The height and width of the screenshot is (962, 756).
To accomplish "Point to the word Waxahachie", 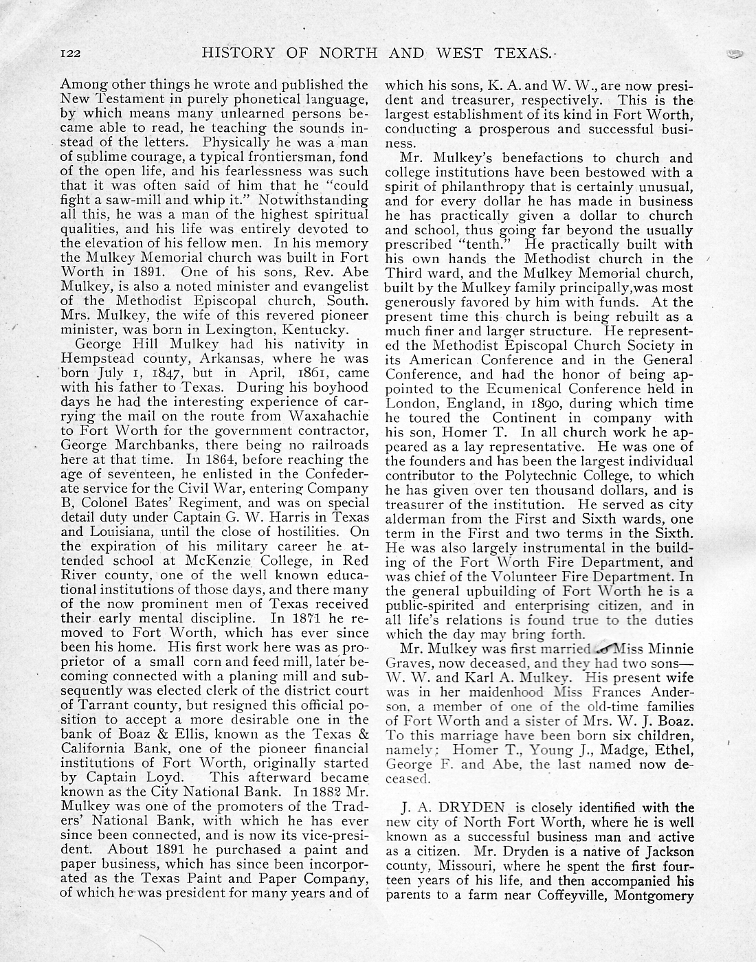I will [329, 416].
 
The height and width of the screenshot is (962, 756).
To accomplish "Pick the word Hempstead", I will [95, 358].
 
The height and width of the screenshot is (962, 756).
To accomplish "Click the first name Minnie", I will [667, 648].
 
